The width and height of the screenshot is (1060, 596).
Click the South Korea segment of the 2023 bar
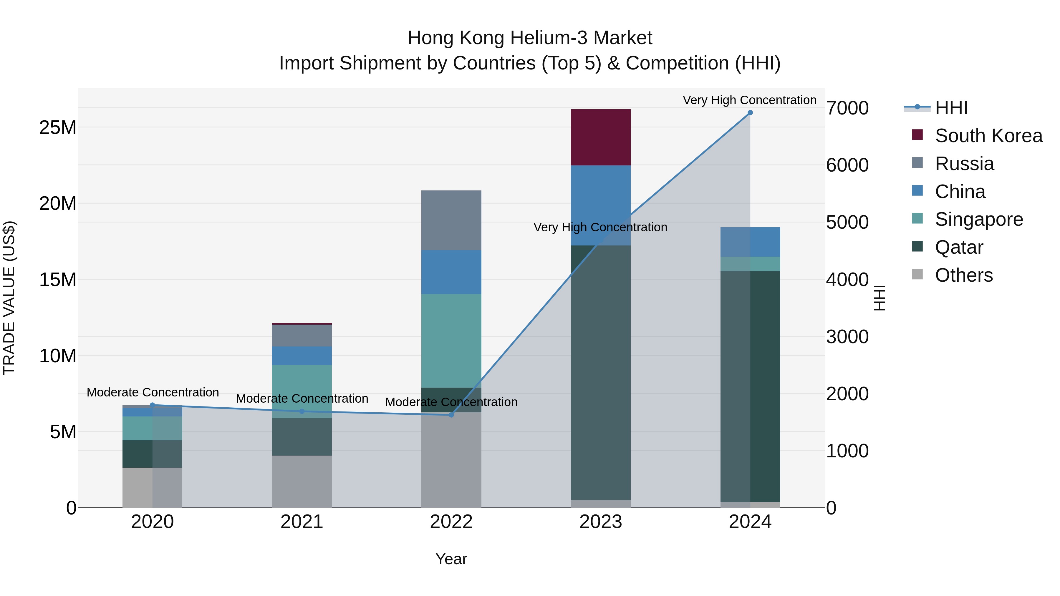pyautogui.click(x=600, y=137)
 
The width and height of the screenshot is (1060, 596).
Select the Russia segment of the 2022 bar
pyautogui.click(x=451, y=220)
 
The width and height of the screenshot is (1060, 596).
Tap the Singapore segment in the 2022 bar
pyautogui.click(x=451, y=341)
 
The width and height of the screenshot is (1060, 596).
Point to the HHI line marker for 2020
pyautogui.click(x=152, y=405)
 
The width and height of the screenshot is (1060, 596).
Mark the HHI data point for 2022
pyautogui.click(x=451, y=415)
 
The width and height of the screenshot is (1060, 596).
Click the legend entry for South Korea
pyautogui.click(x=988, y=136)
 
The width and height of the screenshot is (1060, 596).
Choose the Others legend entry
pyautogui.click(x=964, y=275)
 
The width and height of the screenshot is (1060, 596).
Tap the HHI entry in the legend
pyautogui.click(x=951, y=108)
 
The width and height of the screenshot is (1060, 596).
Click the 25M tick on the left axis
pyautogui.click(x=58, y=127)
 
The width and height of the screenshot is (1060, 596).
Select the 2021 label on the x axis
pyautogui.click(x=302, y=522)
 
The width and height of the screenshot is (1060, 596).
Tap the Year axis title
pyautogui.click(x=451, y=559)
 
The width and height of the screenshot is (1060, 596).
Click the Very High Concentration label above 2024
pyautogui.click(x=749, y=100)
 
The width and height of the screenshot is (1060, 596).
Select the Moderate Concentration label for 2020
pyautogui.click(x=153, y=392)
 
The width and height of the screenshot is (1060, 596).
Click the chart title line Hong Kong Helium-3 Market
pyautogui.click(x=530, y=38)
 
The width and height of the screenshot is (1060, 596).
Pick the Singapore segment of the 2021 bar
pyautogui.click(x=302, y=391)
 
